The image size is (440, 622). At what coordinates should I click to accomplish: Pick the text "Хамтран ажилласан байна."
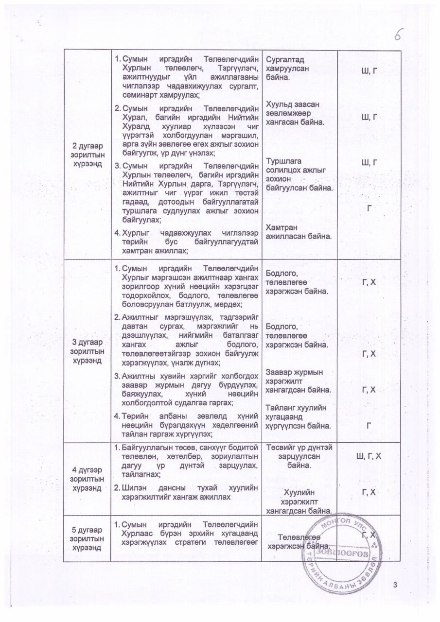(x=298, y=232)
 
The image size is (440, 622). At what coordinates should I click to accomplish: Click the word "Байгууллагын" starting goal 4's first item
(x=147, y=448)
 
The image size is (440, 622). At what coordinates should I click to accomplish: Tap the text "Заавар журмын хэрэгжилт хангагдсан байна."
(x=299, y=381)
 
